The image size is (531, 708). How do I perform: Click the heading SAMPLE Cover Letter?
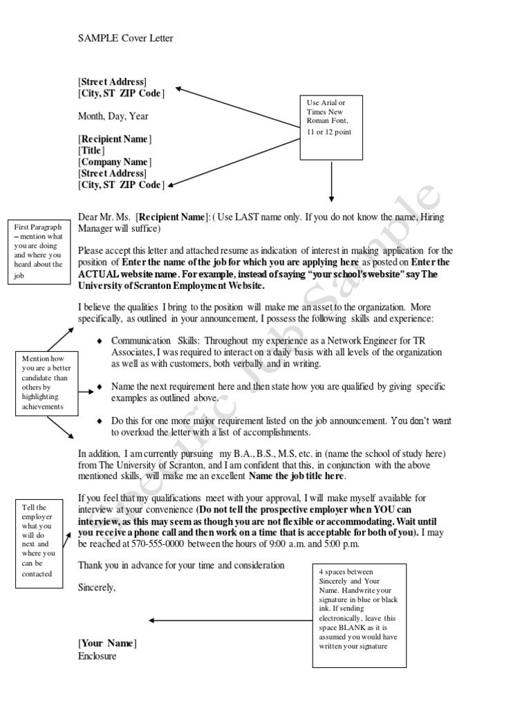pos(125,38)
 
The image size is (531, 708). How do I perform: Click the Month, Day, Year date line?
pos(113,116)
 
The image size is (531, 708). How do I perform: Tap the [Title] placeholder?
pos(92,150)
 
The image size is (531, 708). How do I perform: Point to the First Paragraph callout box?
pos(38,252)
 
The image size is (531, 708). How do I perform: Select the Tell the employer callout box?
pos(39,541)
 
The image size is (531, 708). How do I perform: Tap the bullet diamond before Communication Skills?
pos(100,341)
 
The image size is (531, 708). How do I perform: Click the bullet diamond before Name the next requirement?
pos(100,386)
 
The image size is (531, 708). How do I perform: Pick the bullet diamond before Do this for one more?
pos(100,420)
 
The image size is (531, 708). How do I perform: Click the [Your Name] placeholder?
pos(108,644)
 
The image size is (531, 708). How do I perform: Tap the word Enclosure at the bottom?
pos(97,655)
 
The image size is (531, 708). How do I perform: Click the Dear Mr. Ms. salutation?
pos(105,217)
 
